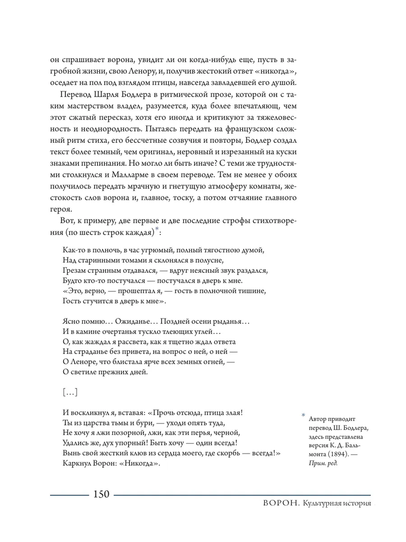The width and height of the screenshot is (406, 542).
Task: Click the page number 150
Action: tap(101, 494)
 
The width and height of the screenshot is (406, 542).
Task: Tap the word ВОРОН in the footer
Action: tap(277, 504)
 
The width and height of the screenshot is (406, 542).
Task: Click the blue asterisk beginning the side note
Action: tap(304, 415)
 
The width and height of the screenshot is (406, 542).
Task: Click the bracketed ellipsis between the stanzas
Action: tap(70, 393)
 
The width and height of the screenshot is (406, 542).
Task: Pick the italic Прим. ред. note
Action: tap(323, 463)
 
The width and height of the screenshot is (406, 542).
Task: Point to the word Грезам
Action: tap(72, 271)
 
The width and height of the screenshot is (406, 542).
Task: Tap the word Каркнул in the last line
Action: tap(74, 464)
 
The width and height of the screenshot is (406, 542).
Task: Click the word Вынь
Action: tap(68, 453)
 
